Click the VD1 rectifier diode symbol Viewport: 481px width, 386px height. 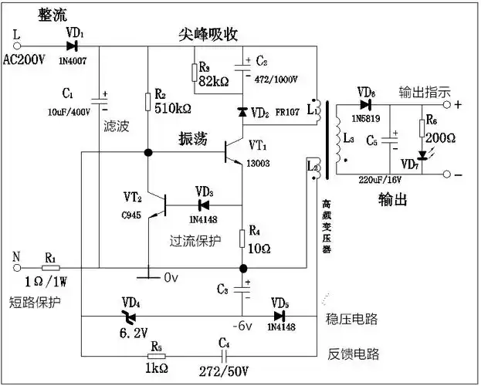(x=71, y=46)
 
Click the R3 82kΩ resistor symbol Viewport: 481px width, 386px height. (x=192, y=72)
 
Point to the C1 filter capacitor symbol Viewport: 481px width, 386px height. (x=100, y=99)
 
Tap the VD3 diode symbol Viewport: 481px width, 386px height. (x=204, y=205)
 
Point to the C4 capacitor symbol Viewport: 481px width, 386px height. (x=224, y=356)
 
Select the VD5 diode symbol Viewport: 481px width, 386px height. (x=279, y=316)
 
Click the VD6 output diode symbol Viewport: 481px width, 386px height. (x=365, y=104)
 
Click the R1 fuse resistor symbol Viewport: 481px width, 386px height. (x=50, y=268)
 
